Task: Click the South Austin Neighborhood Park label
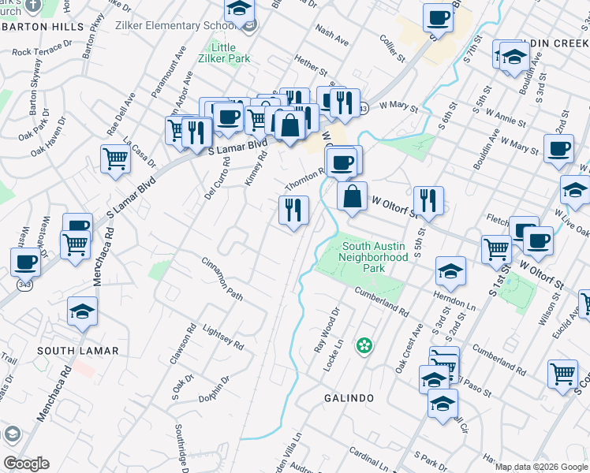[x=374, y=257]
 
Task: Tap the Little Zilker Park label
[x=224, y=54]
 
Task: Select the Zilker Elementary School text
[x=181, y=26]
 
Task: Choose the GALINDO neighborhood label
[x=349, y=398]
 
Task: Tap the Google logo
[x=26, y=464]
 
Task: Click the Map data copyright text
[x=541, y=467]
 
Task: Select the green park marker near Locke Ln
[x=364, y=345]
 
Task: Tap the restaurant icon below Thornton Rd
[x=293, y=210]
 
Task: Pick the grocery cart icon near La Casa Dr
[x=116, y=159]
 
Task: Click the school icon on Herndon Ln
[x=450, y=272]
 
